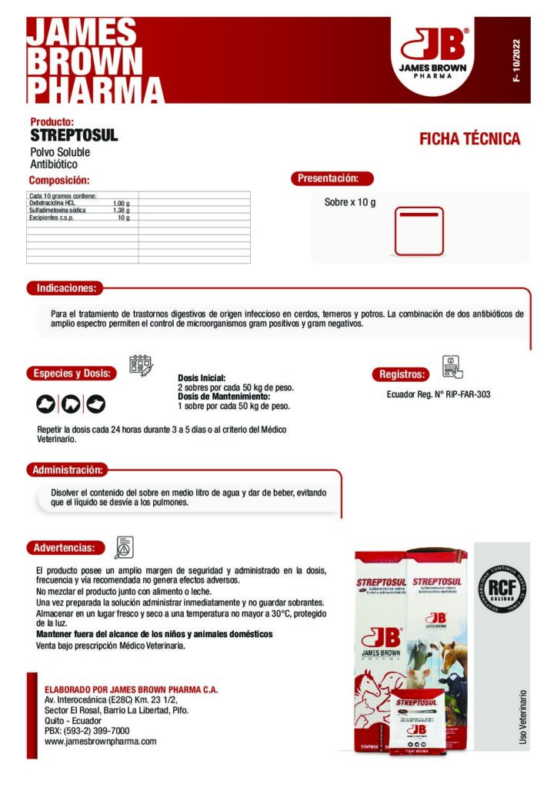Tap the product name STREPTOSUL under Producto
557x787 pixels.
click(74, 136)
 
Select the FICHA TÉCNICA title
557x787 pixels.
click(469, 139)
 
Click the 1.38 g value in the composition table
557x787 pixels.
click(121, 210)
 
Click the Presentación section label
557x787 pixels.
click(332, 178)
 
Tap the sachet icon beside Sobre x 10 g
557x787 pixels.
click(419, 231)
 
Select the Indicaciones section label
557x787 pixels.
click(65, 288)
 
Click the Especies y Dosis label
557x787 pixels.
click(72, 374)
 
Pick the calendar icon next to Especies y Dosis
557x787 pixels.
click(141, 364)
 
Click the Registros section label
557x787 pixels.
click(402, 374)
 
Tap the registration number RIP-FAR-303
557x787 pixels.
click(467, 394)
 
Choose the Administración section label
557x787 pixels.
click(67, 470)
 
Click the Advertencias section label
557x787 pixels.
click(65, 548)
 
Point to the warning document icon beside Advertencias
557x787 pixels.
click(124, 546)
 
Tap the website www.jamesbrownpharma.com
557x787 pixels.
click(101, 742)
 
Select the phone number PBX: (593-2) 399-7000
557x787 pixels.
click(87, 731)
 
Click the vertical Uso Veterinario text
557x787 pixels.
click(523, 716)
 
